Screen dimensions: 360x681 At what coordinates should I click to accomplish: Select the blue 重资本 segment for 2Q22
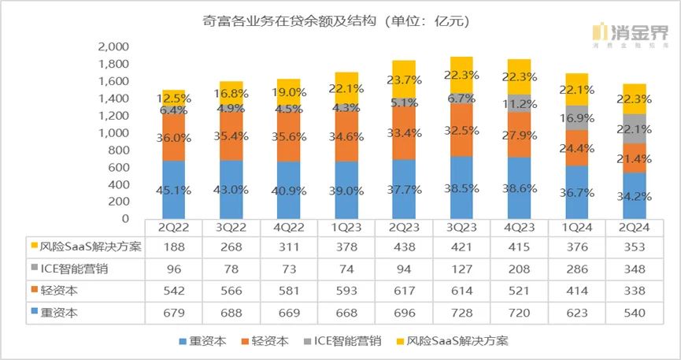click(x=174, y=189)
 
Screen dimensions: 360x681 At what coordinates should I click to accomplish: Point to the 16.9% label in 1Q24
click(x=576, y=118)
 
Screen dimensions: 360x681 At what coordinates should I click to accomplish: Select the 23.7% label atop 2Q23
click(x=404, y=79)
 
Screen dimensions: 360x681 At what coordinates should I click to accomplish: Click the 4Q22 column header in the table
click(x=289, y=227)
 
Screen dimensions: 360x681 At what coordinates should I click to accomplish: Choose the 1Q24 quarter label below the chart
click(x=576, y=227)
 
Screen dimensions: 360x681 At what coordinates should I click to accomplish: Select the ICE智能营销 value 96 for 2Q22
click(x=174, y=269)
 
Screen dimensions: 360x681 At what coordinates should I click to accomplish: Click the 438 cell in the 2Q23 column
click(x=404, y=247)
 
